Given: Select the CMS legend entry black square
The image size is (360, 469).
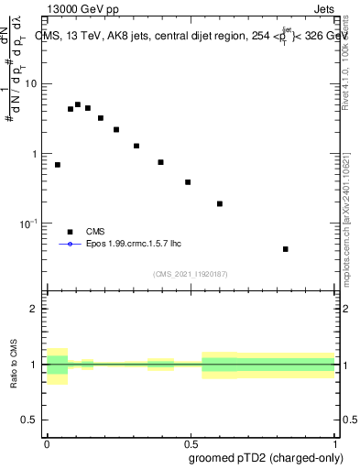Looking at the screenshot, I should tap(70, 232).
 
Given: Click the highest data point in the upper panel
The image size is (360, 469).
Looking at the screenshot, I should tap(78, 105).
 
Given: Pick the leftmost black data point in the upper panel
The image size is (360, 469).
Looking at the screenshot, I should tap(58, 165).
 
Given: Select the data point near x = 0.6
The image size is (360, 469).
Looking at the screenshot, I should tap(220, 203).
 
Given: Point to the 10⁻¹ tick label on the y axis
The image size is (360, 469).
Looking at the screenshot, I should tap(30, 224).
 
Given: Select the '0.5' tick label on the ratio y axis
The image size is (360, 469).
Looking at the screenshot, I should tap(30, 420).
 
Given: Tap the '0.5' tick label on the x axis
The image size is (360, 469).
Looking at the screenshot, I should tap(191, 444).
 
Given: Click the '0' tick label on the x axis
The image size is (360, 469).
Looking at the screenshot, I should tap(47, 444).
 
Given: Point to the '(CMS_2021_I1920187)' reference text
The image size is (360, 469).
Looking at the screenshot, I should tap(190, 273).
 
